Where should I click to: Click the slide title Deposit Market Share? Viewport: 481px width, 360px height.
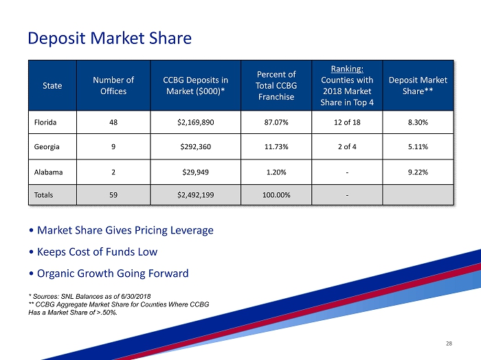(109, 38)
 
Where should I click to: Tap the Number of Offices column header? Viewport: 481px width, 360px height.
(113, 86)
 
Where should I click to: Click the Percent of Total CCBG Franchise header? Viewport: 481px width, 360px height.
(276, 86)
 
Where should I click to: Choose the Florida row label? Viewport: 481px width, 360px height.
(46, 124)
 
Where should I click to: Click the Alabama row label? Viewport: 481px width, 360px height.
(48, 172)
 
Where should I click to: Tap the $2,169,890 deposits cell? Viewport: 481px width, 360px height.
(195, 124)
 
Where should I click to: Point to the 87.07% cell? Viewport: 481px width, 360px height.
(276, 124)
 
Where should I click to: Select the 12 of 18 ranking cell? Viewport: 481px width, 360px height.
(347, 124)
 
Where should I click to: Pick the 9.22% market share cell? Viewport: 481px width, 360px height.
(418, 172)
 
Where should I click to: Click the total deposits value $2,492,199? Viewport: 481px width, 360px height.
(195, 195)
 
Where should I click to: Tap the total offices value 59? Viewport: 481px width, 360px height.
(113, 195)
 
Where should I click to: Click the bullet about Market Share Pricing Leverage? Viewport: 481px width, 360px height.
(121, 230)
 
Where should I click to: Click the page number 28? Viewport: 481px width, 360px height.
(449, 342)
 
